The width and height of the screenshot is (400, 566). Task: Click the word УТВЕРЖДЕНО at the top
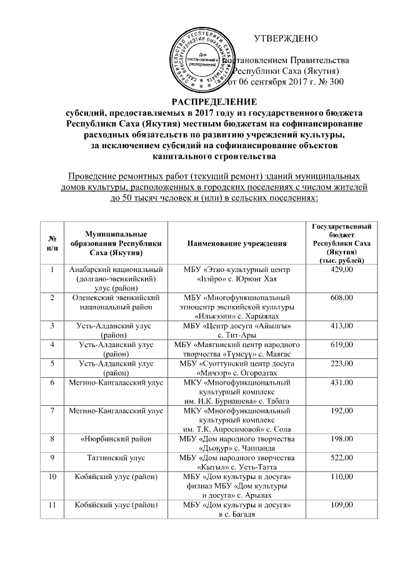288,38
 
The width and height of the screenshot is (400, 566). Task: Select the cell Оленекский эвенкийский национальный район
115,303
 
